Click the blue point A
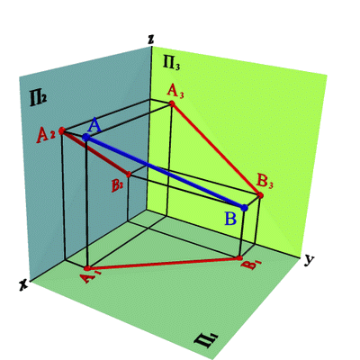86,138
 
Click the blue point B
245,207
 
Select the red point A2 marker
62,130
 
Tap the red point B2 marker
129,175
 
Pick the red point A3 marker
172,103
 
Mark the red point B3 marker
260,195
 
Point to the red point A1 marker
87,267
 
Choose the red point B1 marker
239,257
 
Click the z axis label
151,40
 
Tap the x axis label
23,284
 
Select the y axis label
309,260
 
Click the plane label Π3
172,62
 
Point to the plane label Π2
38,98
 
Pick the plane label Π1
206,341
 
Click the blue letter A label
94,126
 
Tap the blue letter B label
230,219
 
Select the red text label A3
175,91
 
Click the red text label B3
265,183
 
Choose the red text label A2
46,136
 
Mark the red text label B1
253,265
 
